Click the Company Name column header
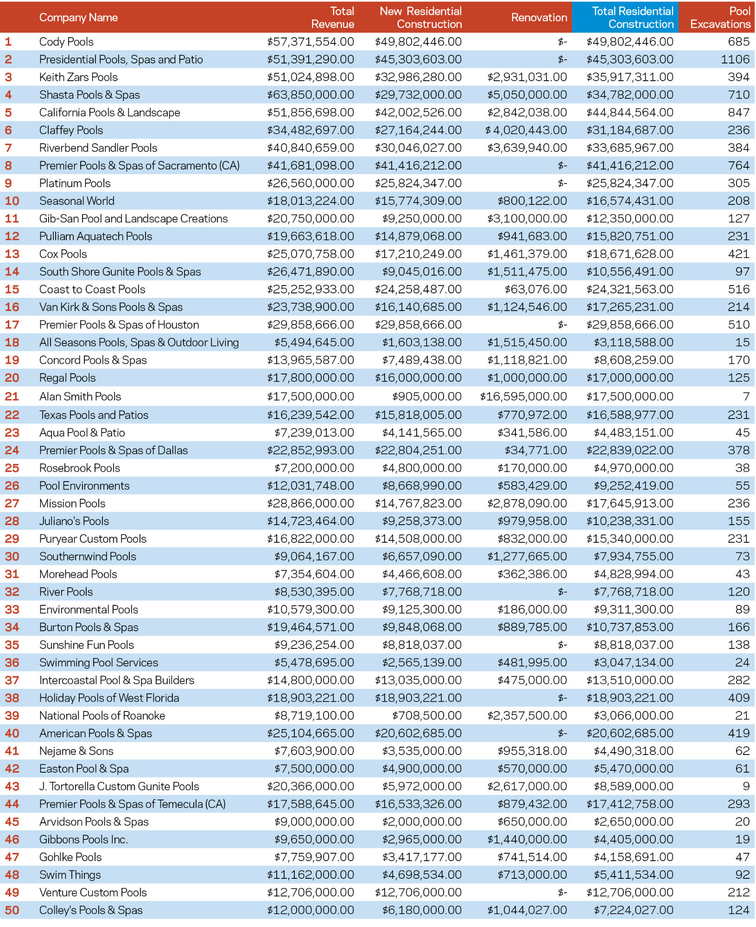click(78, 18)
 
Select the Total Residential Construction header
click(632, 18)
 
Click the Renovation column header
click(539, 18)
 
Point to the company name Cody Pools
click(66, 42)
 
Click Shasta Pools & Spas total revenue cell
click(310, 95)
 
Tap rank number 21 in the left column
click(12, 397)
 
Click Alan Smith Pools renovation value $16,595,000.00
click(523, 397)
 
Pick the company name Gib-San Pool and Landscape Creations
click(133, 219)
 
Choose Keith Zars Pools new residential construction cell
click(418, 77)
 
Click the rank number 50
click(12, 910)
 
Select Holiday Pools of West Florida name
click(109, 698)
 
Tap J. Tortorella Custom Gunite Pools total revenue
click(310, 787)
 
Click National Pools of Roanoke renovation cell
click(527, 716)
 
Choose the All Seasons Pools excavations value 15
click(742, 343)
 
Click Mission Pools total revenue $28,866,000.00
click(310, 503)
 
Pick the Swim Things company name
click(70, 875)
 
